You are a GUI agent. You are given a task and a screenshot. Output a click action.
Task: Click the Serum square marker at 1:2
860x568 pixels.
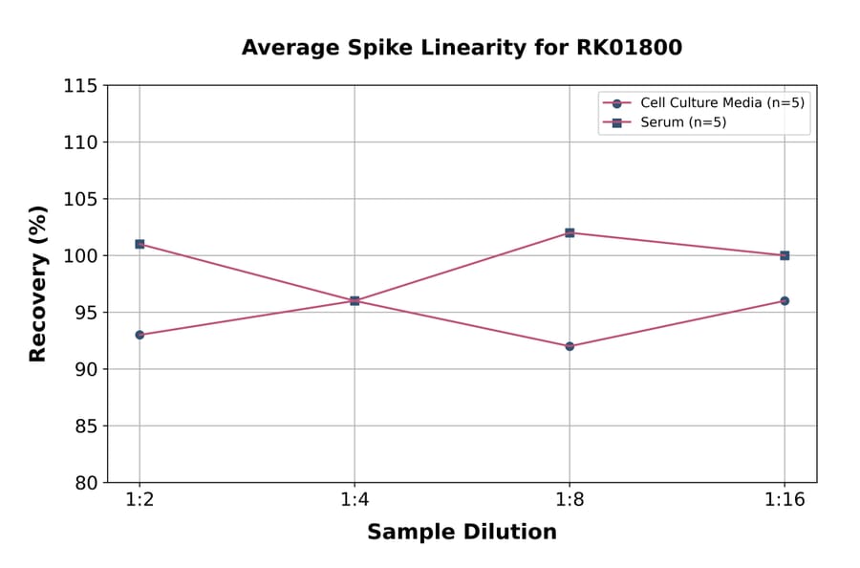[x=140, y=244]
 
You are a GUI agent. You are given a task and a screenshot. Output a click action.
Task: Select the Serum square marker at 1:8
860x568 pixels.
[x=570, y=232]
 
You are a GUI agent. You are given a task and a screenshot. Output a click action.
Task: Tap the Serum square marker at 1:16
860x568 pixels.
[x=785, y=255]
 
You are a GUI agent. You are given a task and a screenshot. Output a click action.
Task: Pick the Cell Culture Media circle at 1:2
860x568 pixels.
[x=140, y=335]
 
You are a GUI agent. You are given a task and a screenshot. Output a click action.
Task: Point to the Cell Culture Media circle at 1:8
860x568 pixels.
[x=570, y=346]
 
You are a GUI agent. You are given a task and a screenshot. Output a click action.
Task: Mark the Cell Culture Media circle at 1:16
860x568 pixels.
[x=785, y=300]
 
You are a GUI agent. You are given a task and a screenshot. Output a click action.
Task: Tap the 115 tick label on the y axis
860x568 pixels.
[x=80, y=86]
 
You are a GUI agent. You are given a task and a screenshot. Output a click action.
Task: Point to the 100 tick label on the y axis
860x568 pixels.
[x=80, y=255]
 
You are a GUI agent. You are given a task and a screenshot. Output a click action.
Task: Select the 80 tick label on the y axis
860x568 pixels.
[x=86, y=482]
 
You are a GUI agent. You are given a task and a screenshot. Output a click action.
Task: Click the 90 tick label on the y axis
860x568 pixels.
[x=86, y=369]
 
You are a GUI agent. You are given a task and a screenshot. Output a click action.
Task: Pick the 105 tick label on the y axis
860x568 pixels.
[x=80, y=199]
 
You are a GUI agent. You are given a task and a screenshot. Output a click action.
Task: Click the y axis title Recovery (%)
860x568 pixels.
[x=38, y=284]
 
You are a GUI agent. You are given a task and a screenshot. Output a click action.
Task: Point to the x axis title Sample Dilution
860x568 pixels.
[x=462, y=533]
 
